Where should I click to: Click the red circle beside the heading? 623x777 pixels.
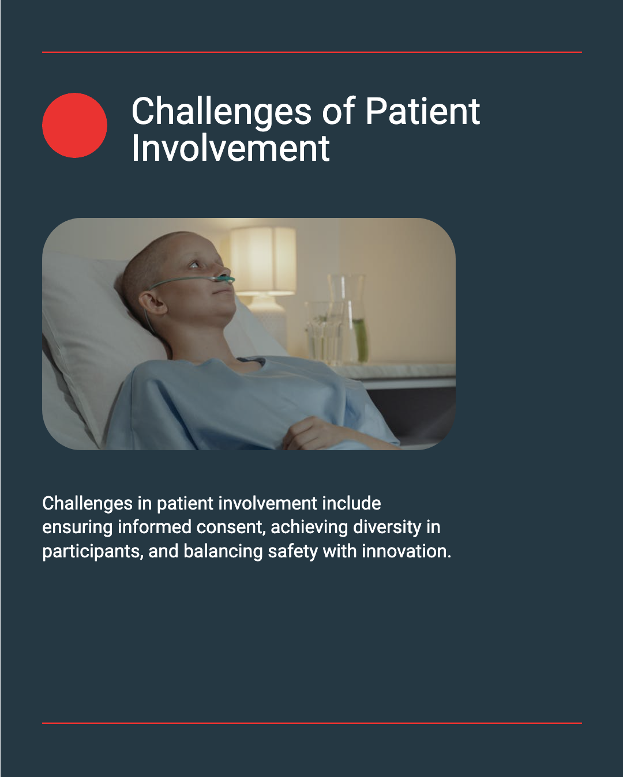(x=75, y=125)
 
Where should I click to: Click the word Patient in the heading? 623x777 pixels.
(x=422, y=111)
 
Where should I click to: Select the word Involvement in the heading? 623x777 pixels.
(x=231, y=148)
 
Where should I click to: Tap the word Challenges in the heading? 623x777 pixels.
(x=221, y=112)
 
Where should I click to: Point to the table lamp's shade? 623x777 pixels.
(x=263, y=260)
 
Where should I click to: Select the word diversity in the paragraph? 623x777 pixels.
(x=387, y=527)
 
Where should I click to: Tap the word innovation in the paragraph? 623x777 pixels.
(x=407, y=552)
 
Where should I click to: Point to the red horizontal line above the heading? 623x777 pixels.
(x=312, y=52)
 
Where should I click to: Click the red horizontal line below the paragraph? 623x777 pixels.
(x=312, y=723)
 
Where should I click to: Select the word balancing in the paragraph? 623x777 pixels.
(x=223, y=552)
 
